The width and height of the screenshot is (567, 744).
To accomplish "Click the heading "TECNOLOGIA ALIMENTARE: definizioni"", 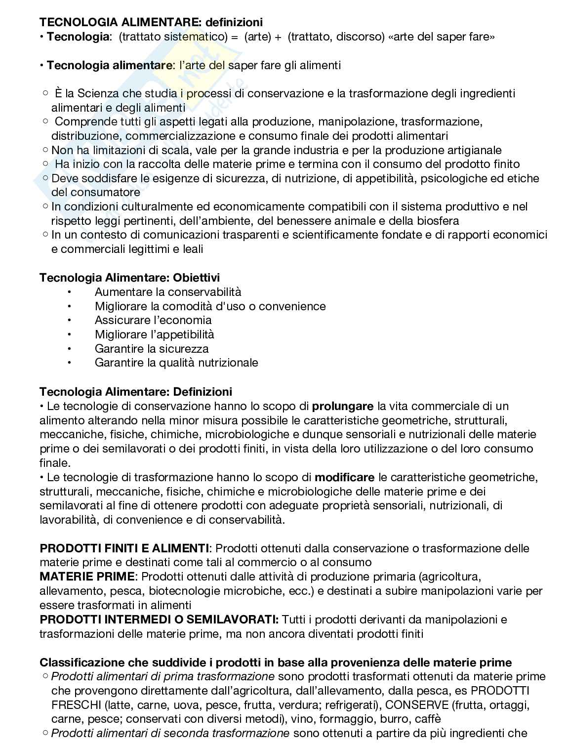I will (x=151, y=22).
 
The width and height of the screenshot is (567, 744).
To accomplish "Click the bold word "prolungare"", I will (x=343, y=407).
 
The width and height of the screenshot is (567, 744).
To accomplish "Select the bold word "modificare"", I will (x=344, y=478).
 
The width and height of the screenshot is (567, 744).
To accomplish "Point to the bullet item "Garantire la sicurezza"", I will (x=152, y=349).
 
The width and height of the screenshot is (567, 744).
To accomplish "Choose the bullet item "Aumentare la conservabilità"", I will (x=168, y=292).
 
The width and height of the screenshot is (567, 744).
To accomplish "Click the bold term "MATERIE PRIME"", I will (x=87, y=577).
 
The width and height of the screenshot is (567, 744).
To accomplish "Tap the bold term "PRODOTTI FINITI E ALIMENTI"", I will (x=124, y=548).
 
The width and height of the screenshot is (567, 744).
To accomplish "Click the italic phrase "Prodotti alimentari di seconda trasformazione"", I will (x=170, y=734).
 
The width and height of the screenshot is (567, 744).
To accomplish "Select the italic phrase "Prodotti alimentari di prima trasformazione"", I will (x=163, y=677).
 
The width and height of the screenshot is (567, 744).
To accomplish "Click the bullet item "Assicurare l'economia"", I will (x=153, y=320).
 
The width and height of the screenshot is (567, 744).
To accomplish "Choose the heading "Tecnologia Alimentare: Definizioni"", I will (x=135, y=392).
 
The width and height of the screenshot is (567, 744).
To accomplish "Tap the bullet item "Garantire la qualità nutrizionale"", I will (x=176, y=363).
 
